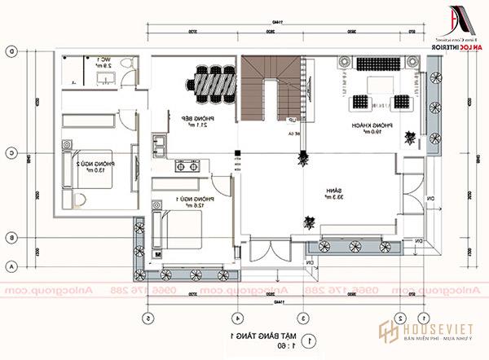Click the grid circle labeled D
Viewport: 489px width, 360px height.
pyautogui.click(x=11, y=50)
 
